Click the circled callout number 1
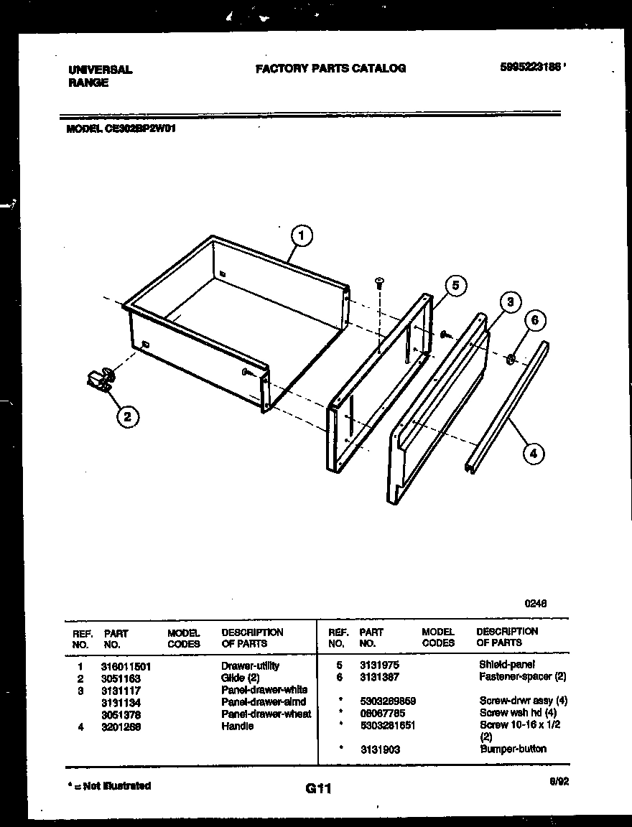tap(302, 235)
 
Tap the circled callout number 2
tap(128, 416)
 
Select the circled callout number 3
tap(510, 302)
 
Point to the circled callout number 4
tap(532, 453)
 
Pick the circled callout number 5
tap(455, 286)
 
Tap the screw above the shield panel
tap(380, 284)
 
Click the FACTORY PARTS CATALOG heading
tap(330, 68)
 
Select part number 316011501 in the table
tap(127, 666)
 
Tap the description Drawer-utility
tap(250, 666)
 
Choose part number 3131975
tap(379, 665)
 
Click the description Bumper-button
tap(512, 749)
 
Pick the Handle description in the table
tap(237, 726)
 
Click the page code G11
tap(317, 789)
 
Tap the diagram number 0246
tap(536, 604)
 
